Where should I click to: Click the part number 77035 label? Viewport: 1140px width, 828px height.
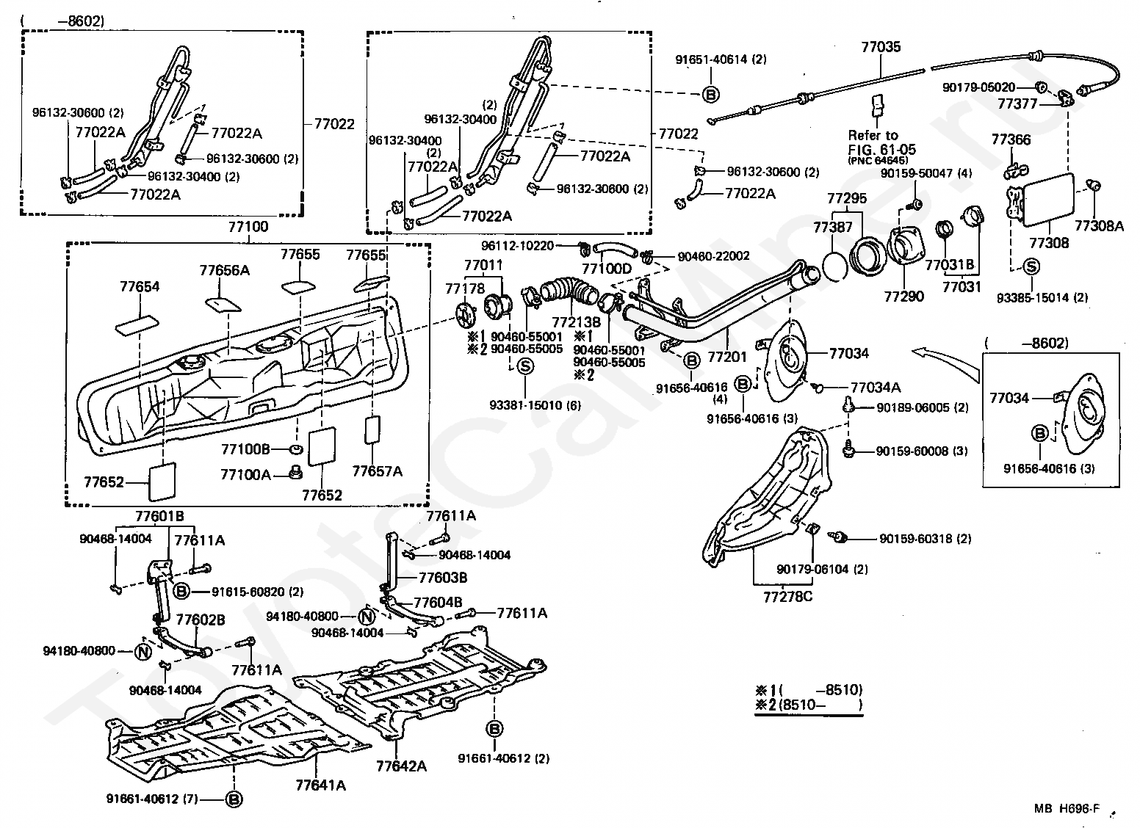coord(881,47)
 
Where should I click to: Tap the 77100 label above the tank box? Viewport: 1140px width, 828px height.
coord(248,226)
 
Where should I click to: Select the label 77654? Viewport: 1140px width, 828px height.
coord(140,286)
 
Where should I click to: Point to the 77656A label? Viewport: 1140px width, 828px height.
coord(225,270)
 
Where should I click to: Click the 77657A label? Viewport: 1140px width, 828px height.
coord(377,471)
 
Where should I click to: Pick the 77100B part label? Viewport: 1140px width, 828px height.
coord(245,449)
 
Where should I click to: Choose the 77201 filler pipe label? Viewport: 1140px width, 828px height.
coord(726,357)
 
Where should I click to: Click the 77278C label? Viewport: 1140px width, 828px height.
coord(787,597)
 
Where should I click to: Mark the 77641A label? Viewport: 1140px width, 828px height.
coord(320,785)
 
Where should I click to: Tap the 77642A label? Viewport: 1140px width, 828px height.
coord(402,766)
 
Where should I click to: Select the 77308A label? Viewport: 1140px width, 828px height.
coord(1099,226)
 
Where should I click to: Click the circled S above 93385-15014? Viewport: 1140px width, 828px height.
coord(1031,266)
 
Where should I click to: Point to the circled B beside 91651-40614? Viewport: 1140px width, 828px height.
coord(711,94)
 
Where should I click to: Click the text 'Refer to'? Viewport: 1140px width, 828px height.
coord(873,135)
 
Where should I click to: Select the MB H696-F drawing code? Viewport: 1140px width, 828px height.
coord(1067,808)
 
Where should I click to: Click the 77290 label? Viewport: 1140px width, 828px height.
coord(904,297)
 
